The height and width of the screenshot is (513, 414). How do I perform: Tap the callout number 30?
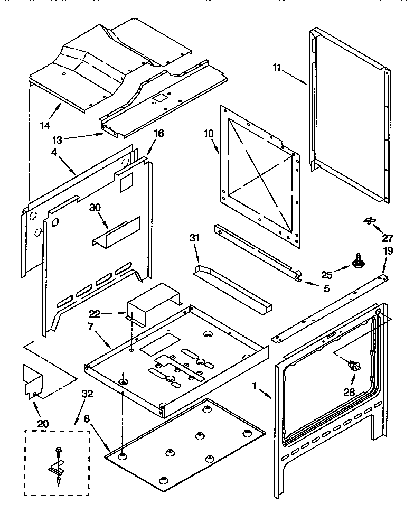pyautogui.click(x=95, y=207)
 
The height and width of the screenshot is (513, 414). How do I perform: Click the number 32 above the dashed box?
pyautogui.click(x=88, y=393)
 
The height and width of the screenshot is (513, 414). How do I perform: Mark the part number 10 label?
pyautogui.click(x=209, y=134)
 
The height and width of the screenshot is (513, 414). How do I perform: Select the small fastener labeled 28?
pyautogui.click(x=352, y=364)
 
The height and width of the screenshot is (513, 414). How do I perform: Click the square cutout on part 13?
pyautogui.click(x=158, y=98)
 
